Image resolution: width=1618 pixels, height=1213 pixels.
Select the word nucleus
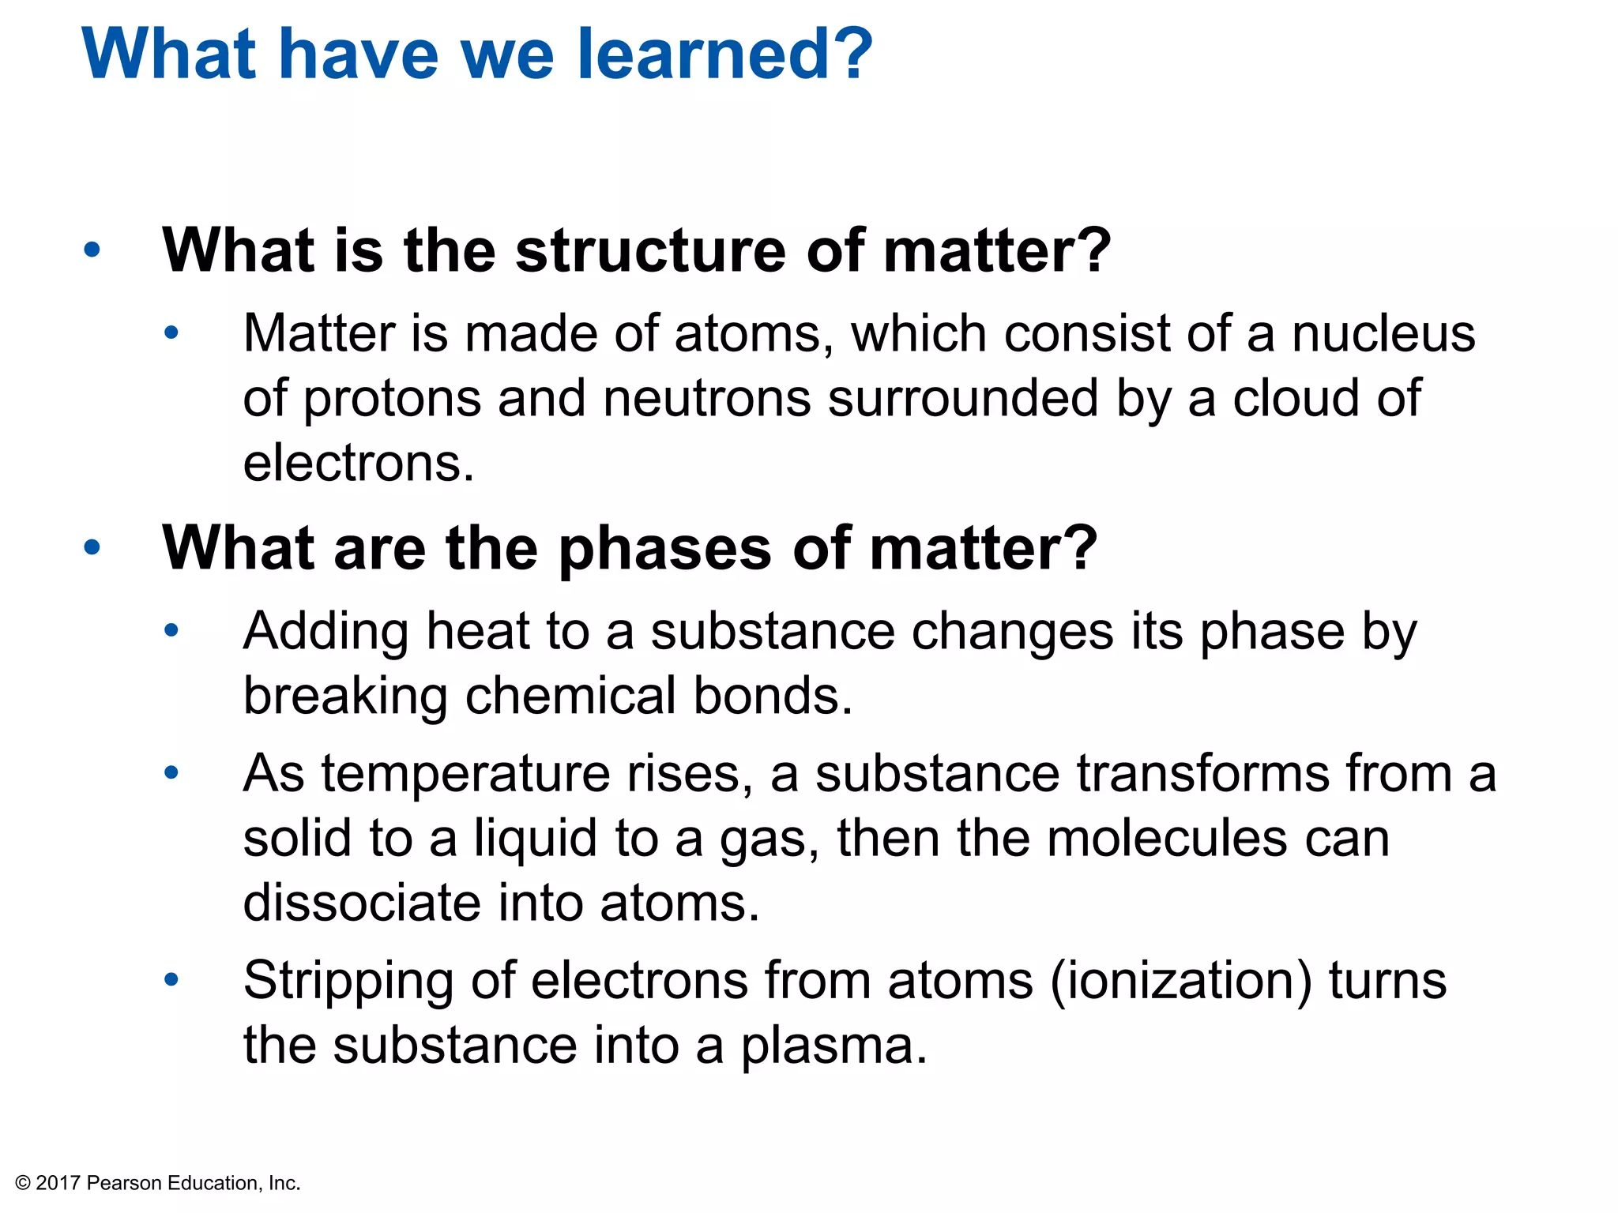pos(1383,334)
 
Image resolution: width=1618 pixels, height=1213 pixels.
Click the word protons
pos(392,400)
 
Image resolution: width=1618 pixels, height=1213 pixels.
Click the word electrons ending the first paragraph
pos(358,464)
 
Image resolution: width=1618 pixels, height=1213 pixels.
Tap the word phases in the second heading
pos(664,549)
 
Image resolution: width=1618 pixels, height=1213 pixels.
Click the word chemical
pos(570,697)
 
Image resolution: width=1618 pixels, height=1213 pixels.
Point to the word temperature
pos(465,774)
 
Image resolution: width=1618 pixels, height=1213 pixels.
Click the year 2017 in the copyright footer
pos(58,1183)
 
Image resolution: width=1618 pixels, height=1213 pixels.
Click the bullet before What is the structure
pos(92,250)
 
